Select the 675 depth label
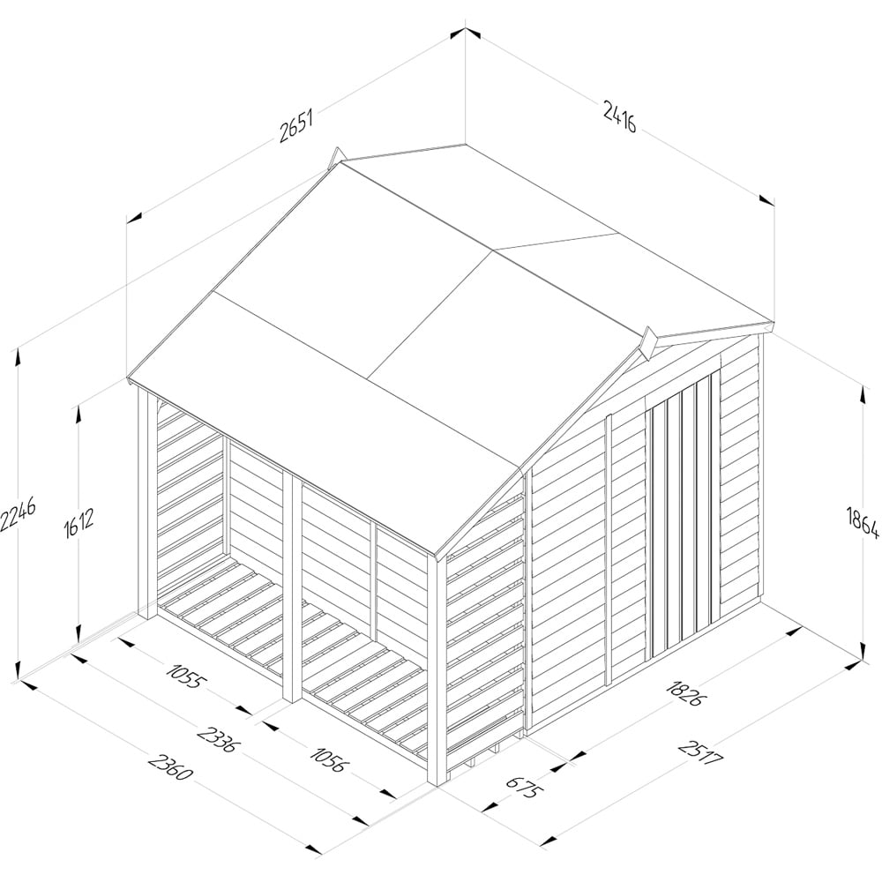(525, 788)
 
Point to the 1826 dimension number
(684, 693)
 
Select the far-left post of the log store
(147, 504)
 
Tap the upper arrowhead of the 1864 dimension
(863, 392)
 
